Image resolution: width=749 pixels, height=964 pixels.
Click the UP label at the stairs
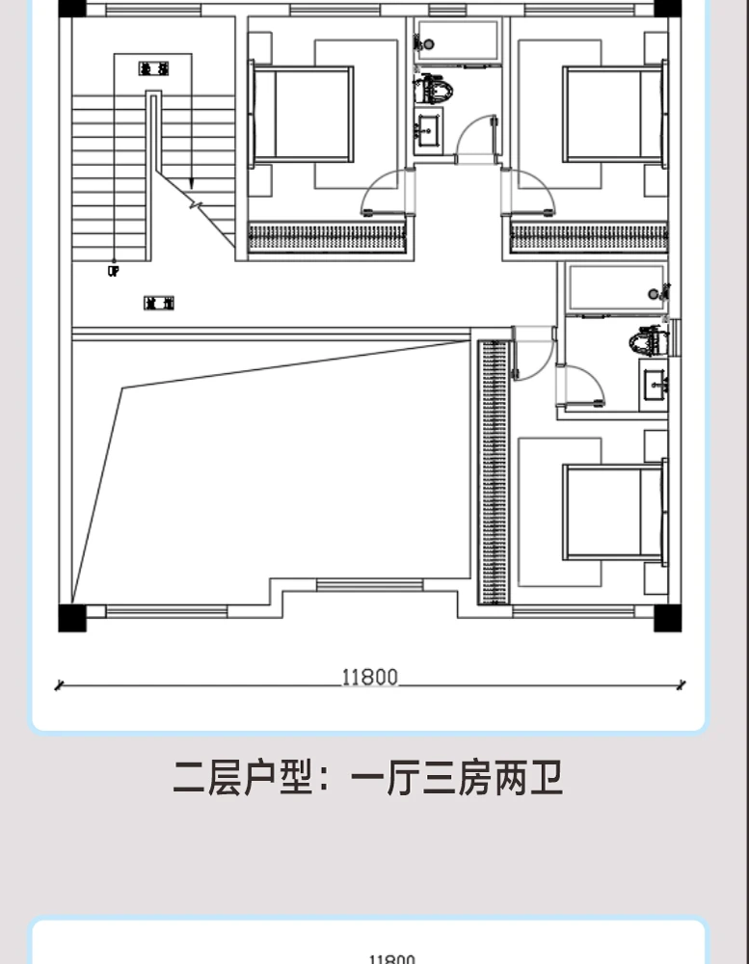[113, 273]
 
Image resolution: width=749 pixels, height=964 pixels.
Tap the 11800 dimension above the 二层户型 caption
[369, 677]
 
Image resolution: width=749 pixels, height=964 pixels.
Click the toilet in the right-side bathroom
[650, 340]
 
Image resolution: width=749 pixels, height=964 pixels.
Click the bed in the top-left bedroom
[303, 113]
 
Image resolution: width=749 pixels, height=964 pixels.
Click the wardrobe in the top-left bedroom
[327, 237]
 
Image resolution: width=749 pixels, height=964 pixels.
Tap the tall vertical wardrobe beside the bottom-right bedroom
[494, 471]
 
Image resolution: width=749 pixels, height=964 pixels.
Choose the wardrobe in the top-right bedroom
[588, 237]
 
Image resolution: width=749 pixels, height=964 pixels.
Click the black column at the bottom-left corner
[72, 617]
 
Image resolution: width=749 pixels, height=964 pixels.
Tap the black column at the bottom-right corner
[667, 617]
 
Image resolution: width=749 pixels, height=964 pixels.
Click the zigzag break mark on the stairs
[199, 204]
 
